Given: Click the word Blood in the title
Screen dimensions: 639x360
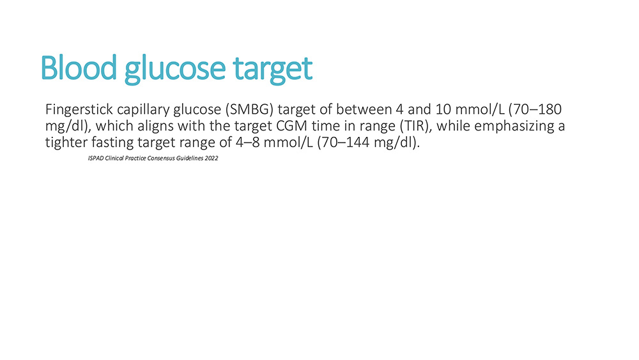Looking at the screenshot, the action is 79,68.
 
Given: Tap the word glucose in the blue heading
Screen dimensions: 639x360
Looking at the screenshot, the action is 175,70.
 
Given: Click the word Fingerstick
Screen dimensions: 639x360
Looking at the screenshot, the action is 79,110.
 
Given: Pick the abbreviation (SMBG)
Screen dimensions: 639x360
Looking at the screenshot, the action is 249,109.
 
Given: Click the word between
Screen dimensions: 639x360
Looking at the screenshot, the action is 364,109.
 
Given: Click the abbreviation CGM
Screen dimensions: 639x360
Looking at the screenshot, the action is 292,126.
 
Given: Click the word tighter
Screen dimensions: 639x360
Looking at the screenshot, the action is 66,143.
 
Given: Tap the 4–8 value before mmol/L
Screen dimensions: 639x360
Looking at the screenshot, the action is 248,143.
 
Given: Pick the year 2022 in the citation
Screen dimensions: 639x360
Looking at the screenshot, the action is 212,158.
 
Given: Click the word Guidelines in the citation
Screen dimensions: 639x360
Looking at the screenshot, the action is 190,158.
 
